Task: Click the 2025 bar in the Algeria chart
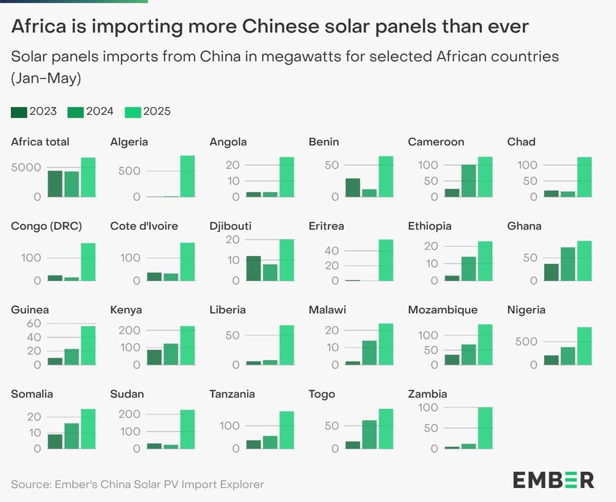187,177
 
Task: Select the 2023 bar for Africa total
55,184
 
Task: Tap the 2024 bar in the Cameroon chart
468,181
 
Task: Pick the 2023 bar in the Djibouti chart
253,268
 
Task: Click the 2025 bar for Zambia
485,428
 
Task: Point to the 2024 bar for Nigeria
568,356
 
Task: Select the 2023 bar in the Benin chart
352,187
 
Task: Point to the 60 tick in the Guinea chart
33,324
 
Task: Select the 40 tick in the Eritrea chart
330,250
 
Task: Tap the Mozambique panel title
442,310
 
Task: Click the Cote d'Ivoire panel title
144,226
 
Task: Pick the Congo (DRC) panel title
46,226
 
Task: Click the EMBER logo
552,480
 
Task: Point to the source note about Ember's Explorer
137,484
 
